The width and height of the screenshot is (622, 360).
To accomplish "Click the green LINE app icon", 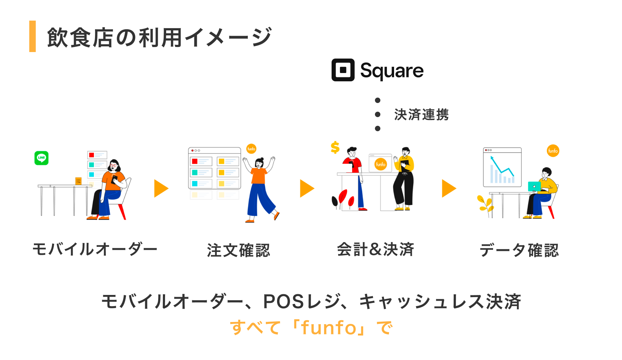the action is pos(42,158).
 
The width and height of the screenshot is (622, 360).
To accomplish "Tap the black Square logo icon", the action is pos(343,70).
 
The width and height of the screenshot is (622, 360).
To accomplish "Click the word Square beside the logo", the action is pos(392,70).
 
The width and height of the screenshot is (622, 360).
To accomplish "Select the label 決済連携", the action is pos(421,115).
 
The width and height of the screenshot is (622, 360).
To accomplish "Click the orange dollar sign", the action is pos(335,147).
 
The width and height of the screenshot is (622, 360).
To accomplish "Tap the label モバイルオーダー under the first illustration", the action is pos(95,249).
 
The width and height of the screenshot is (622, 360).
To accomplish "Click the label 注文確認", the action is pos(238,250).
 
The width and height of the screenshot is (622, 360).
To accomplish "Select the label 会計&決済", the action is pos(375,249).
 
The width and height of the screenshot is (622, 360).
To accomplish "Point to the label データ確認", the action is pos(519,250).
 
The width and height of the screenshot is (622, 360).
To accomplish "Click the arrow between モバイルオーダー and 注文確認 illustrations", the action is pos(161,188).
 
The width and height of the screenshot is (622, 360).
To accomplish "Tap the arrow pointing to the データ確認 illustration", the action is pos(449,188).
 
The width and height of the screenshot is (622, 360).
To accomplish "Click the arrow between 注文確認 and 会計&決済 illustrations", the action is pos(307,188).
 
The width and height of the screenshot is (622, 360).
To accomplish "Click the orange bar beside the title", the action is pos(33,36).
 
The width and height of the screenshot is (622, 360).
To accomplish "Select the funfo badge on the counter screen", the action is pos(381,164).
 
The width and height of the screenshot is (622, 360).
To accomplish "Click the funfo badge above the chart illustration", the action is pos(553,151).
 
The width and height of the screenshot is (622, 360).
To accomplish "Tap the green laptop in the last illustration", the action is pos(534,187).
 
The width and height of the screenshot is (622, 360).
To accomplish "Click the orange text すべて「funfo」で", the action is pos(311,327).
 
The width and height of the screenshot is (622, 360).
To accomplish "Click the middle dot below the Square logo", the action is pos(377,114).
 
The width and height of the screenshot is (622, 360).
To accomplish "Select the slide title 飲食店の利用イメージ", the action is pos(159,37).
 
